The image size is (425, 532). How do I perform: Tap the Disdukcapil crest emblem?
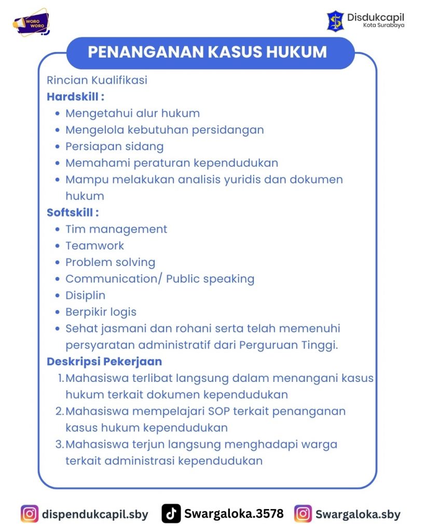335,21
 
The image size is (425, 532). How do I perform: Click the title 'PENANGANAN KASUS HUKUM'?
207,52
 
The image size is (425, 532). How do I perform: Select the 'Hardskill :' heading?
76,97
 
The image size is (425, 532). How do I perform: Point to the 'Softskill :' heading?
73,212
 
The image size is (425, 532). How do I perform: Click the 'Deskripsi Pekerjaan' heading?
104,361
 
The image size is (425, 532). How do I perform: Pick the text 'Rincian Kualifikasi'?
97,81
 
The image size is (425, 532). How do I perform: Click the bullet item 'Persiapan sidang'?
114,147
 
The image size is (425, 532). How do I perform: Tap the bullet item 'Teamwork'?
94,246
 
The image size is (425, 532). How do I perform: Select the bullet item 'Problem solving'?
110,262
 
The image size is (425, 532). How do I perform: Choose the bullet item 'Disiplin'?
85,295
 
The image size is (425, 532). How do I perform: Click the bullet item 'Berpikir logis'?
101,312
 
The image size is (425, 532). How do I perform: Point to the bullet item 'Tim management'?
116,229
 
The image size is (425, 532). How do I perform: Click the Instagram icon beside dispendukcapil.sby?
30,514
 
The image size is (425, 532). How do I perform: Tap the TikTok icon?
171,514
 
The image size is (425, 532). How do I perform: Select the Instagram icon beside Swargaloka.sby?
303,514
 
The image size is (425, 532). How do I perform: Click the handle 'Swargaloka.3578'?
234,514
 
